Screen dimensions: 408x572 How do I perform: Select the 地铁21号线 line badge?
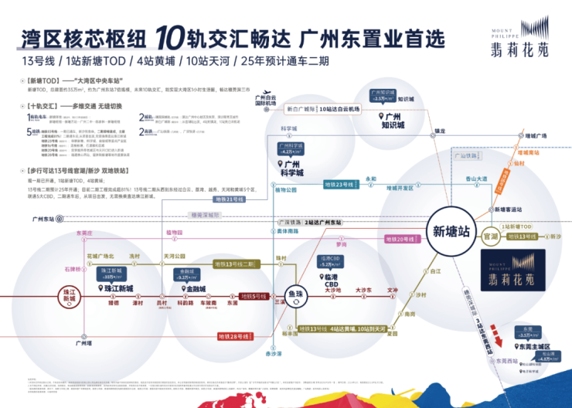(230, 199)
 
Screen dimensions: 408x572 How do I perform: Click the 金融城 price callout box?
(188, 274)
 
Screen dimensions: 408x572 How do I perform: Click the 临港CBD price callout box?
(329, 261)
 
